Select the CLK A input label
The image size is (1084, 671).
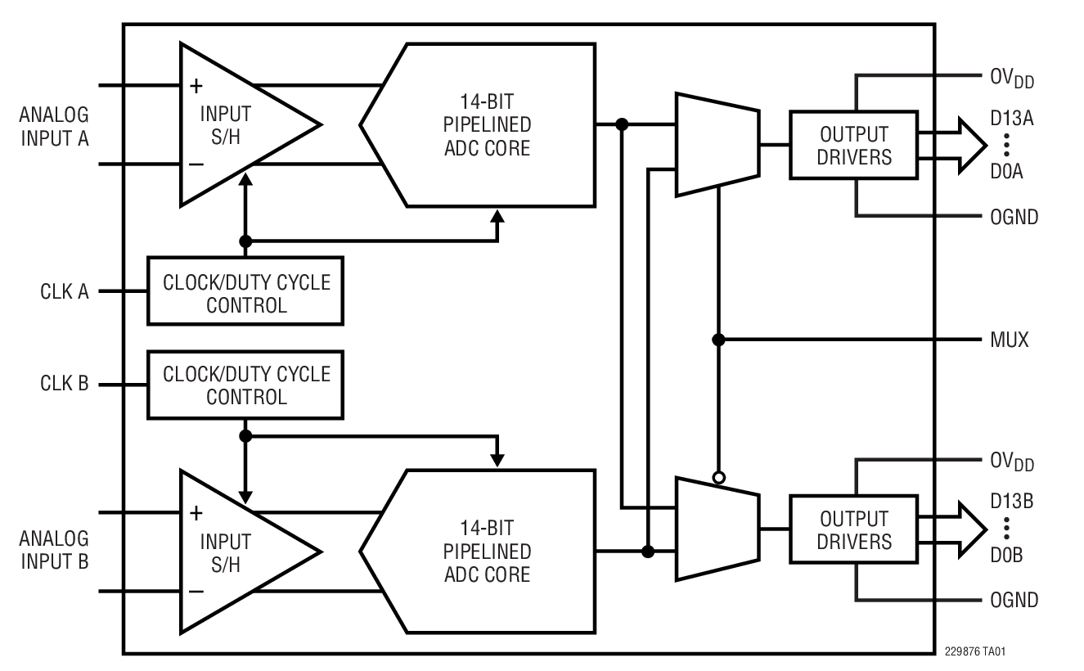[x=65, y=290]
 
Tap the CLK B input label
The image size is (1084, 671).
[x=65, y=383]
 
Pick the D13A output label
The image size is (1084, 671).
[x=1012, y=118]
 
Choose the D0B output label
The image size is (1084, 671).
[x=1007, y=555]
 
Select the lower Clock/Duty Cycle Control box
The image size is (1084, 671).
[x=245, y=385]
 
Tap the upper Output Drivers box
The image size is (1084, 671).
[x=854, y=145]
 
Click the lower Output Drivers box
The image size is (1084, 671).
[x=854, y=530]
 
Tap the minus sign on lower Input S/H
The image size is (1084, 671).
[x=196, y=591]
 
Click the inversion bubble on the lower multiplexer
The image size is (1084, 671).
[x=717, y=477]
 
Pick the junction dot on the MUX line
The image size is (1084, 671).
[x=717, y=340]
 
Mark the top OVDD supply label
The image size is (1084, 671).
[x=1011, y=79]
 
